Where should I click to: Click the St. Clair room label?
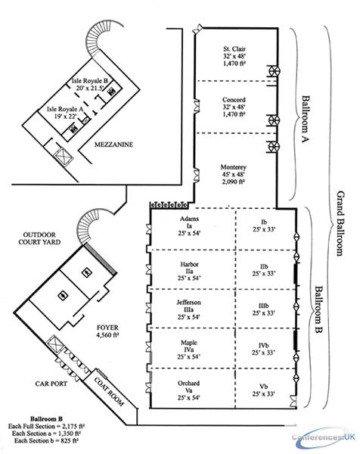(234, 56)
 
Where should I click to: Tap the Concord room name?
(234, 100)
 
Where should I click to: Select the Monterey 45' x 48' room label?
(234, 174)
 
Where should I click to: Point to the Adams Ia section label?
(190, 225)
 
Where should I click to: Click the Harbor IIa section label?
(190, 272)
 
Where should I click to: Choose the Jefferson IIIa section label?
(188, 309)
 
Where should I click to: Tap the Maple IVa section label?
(189, 350)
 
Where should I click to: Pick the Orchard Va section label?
(188, 390)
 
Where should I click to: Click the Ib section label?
(264, 225)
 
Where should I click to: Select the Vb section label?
(263, 390)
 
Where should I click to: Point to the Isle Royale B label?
(90, 84)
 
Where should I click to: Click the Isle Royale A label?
(65, 113)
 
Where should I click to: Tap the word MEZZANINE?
(113, 145)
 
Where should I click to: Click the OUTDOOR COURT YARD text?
(39, 238)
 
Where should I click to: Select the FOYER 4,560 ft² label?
(107, 331)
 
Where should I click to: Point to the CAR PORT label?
(51, 384)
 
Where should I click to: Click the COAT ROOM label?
(109, 391)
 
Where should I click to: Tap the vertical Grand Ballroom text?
(340, 223)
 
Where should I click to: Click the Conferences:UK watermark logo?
(323, 437)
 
